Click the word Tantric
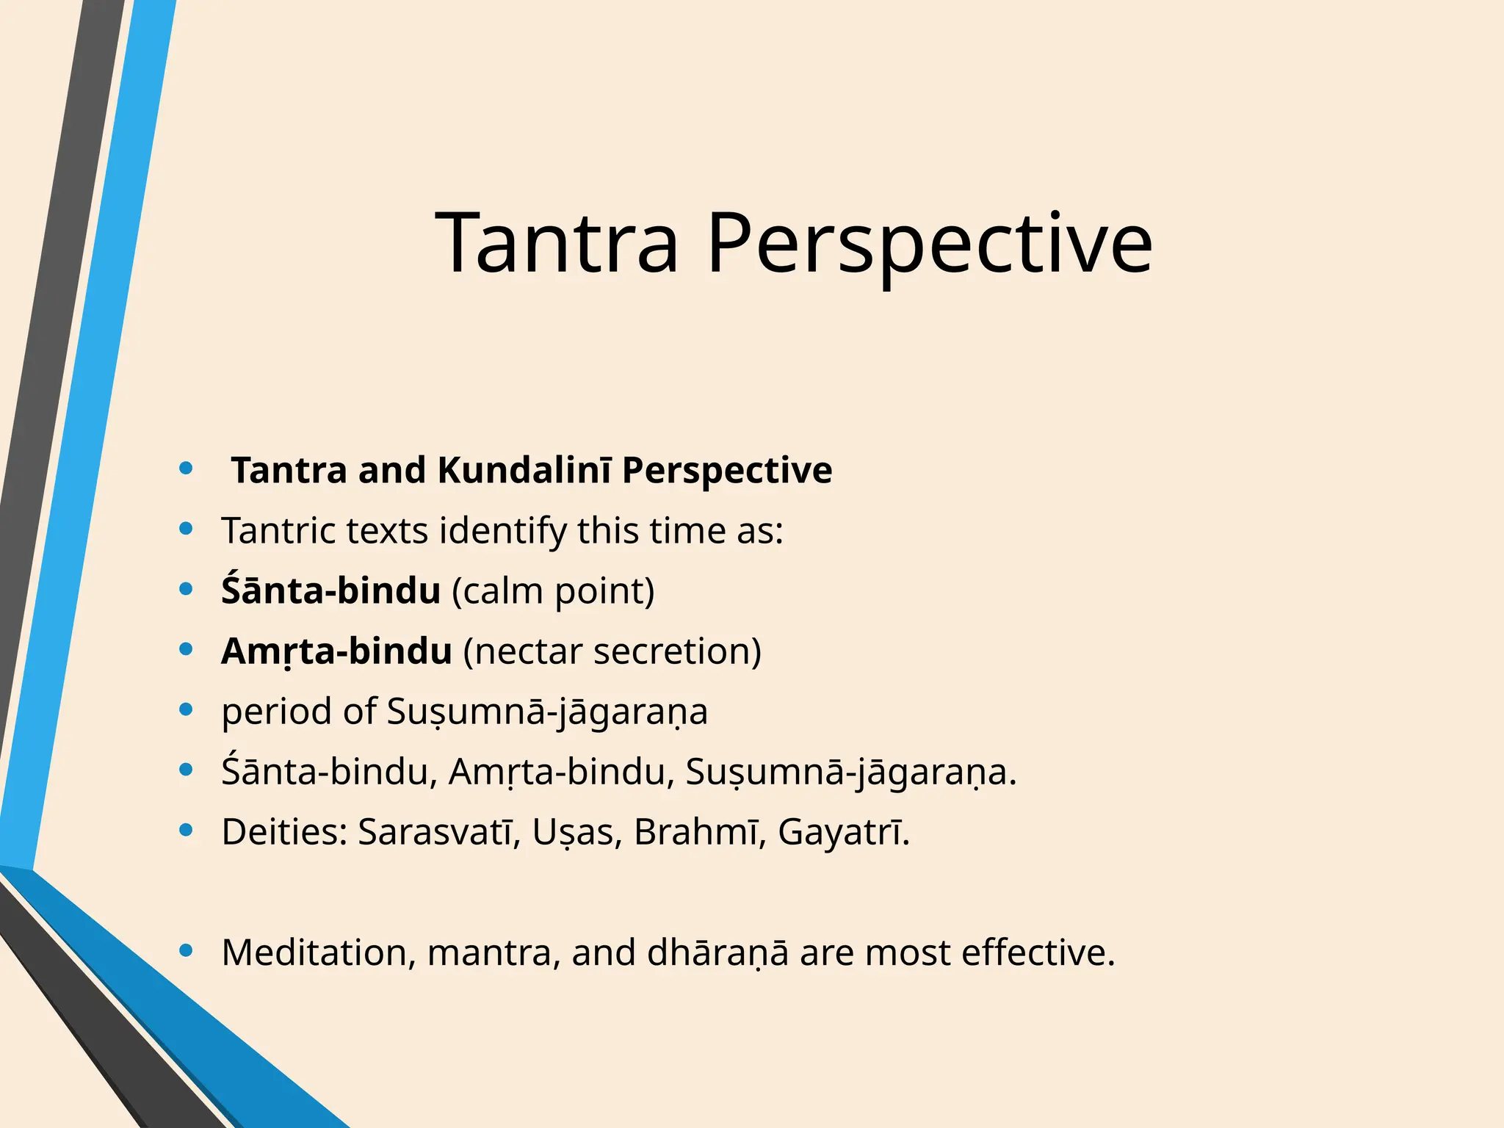(278, 530)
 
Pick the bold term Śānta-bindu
(330, 590)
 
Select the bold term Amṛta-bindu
(336, 651)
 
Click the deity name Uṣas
(573, 831)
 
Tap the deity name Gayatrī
(843, 831)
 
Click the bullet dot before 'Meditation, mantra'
(187, 951)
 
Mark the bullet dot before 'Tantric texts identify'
(187, 529)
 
